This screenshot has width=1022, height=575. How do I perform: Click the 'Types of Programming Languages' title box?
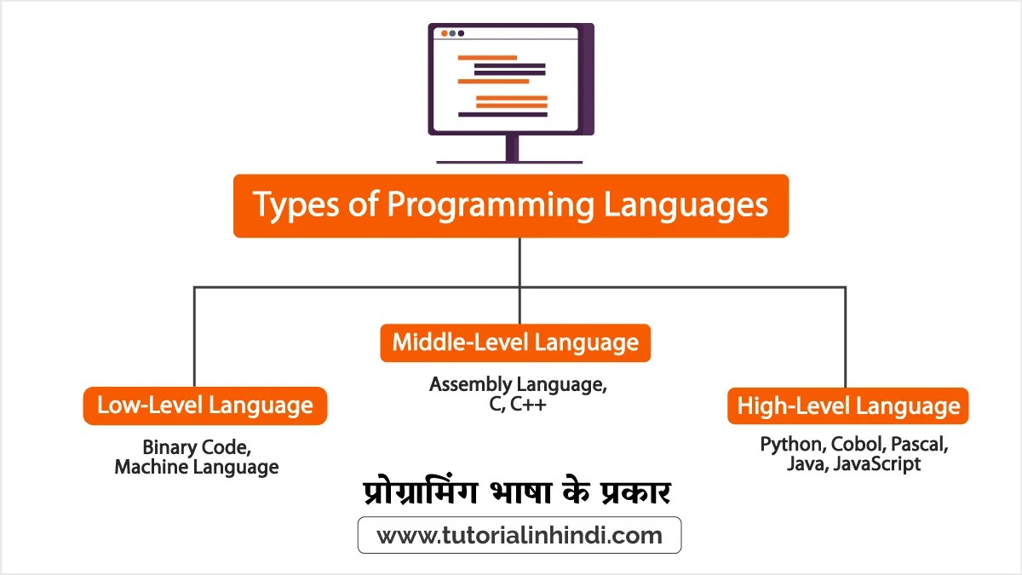pos(511,206)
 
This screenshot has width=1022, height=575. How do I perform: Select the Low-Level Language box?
pos(204,405)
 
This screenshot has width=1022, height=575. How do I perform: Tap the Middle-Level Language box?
pos(515,342)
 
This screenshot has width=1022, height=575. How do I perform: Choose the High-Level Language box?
pos(848,405)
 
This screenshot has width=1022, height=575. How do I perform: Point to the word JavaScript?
pos(877,465)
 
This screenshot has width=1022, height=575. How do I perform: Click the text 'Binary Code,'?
pos(197,447)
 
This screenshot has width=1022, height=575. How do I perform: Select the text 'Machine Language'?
pos(197,468)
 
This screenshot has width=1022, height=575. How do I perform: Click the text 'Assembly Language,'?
pos(518,384)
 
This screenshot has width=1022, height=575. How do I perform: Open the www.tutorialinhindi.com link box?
pos(519,536)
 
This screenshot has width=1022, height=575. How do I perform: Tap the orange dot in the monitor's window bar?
pos(444,33)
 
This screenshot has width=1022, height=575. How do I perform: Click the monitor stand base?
pos(510,160)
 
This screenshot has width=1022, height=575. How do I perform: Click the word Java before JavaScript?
pos(806,465)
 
